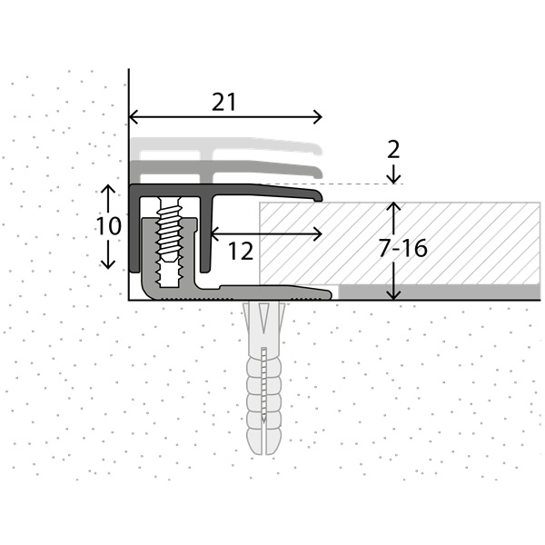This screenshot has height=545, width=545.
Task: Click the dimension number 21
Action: click(x=224, y=103)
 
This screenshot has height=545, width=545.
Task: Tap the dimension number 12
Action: click(x=241, y=252)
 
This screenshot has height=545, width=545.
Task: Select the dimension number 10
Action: click(x=108, y=226)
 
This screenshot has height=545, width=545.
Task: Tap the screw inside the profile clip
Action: click(x=170, y=241)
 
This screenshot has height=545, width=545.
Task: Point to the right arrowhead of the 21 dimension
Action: click(x=317, y=116)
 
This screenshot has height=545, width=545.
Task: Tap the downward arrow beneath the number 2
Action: click(x=392, y=176)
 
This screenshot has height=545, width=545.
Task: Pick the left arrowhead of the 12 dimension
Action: click(x=215, y=233)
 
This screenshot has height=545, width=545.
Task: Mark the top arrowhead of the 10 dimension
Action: click(x=108, y=190)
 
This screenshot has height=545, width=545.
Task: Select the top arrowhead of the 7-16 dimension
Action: click(x=393, y=208)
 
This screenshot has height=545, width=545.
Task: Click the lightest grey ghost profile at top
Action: click(x=227, y=147)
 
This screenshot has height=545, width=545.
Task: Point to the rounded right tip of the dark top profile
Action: click(x=317, y=195)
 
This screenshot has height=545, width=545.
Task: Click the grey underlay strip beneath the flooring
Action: click(x=436, y=291)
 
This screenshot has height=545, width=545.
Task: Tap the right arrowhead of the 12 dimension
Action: click(x=317, y=233)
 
